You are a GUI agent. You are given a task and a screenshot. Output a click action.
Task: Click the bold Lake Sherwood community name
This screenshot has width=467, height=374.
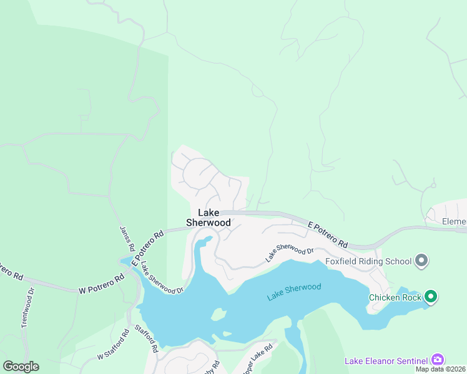coord(209,218)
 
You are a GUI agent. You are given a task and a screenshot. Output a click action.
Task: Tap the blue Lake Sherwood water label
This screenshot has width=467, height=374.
coord(294,292)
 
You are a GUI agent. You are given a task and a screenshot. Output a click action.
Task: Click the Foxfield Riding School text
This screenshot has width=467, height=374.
coord(368,261)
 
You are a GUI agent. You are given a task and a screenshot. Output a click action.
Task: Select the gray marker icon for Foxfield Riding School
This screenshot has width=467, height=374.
coord(421,261)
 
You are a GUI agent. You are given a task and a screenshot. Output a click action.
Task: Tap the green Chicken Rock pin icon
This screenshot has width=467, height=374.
coord(431,297)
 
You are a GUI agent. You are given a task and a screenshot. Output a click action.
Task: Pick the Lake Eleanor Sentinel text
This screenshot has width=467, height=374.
coord(386,360)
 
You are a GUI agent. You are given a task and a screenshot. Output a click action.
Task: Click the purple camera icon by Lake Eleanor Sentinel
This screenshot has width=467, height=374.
coord(438,360)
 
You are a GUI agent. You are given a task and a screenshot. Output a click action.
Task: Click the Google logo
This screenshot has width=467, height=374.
coord(21,367)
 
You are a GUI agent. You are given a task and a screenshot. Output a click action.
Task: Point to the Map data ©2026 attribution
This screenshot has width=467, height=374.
coord(441,369)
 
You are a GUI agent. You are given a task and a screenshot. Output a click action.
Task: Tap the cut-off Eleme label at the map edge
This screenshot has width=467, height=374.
coord(454,221)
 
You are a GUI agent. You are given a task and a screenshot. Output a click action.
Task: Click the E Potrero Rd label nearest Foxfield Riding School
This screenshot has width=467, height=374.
coord(328,233)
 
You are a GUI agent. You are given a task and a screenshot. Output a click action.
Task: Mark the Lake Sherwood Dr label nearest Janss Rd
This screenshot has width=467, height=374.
coord(161,277)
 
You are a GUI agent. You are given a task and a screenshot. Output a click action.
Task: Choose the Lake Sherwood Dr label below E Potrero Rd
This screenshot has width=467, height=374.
coord(289,254)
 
